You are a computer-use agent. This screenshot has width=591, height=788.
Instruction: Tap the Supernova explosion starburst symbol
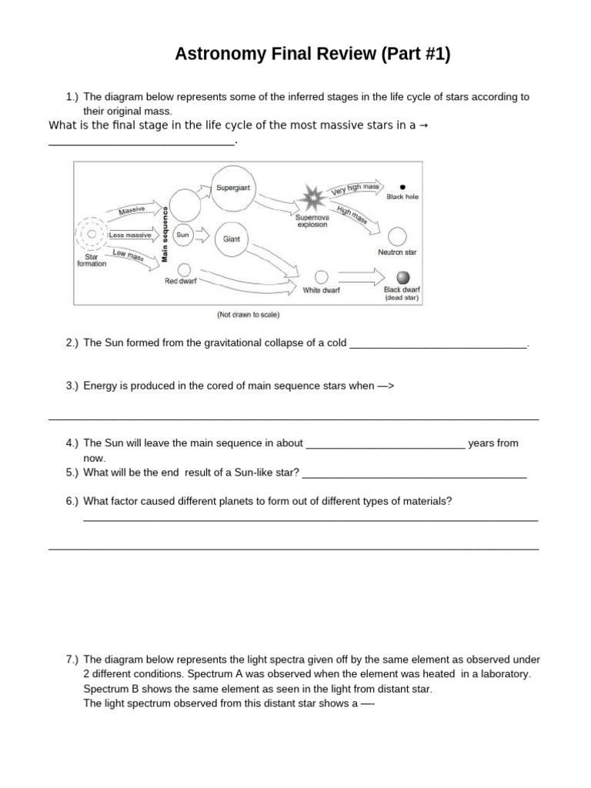tap(313, 199)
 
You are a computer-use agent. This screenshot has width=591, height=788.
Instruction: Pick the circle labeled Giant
tap(232, 239)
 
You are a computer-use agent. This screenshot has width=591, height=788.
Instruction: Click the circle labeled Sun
tap(183, 235)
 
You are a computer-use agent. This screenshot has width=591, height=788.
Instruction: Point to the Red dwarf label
tap(181, 282)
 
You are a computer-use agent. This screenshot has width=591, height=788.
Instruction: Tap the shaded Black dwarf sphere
tap(402, 278)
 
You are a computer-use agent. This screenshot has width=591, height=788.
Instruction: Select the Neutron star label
tap(397, 252)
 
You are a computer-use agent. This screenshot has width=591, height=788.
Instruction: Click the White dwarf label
tap(322, 290)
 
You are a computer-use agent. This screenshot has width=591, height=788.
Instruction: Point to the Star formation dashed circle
tap(92, 234)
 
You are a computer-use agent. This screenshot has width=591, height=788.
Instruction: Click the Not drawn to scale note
tap(248, 315)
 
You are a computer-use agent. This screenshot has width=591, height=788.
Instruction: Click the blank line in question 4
tap(385, 445)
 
